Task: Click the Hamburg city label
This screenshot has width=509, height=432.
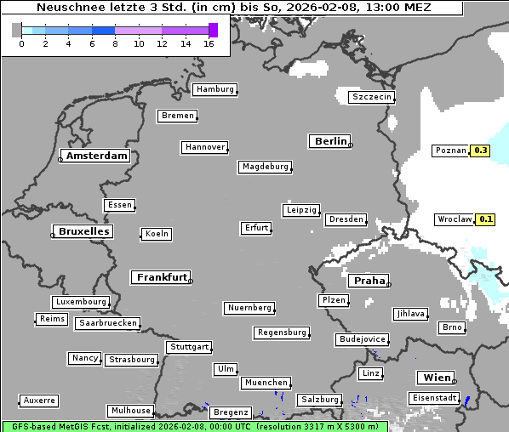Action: (214, 89)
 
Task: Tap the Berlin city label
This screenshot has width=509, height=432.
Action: (329, 141)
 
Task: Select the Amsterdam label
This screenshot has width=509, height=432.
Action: (96, 156)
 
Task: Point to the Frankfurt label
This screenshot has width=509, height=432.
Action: (161, 277)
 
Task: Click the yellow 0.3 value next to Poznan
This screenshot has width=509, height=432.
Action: (480, 151)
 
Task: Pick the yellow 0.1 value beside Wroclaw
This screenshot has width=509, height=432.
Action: (485, 219)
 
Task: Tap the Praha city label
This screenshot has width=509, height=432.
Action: (369, 281)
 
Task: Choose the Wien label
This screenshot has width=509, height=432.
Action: (436, 378)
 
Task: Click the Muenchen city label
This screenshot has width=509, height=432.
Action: (266, 384)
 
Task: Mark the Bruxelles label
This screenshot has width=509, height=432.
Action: (83, 231)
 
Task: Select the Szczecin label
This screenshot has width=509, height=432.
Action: (371, 97)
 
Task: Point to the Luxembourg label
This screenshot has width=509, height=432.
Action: (80, 302)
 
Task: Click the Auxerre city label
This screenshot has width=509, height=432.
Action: (39, 400)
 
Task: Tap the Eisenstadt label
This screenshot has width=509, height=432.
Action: (433, 398)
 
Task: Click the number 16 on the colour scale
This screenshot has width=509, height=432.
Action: (209, 43)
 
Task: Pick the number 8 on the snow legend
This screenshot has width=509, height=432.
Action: (115, 43)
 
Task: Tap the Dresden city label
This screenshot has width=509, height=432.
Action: (346, 219)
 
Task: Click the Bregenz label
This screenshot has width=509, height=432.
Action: (230, 412)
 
